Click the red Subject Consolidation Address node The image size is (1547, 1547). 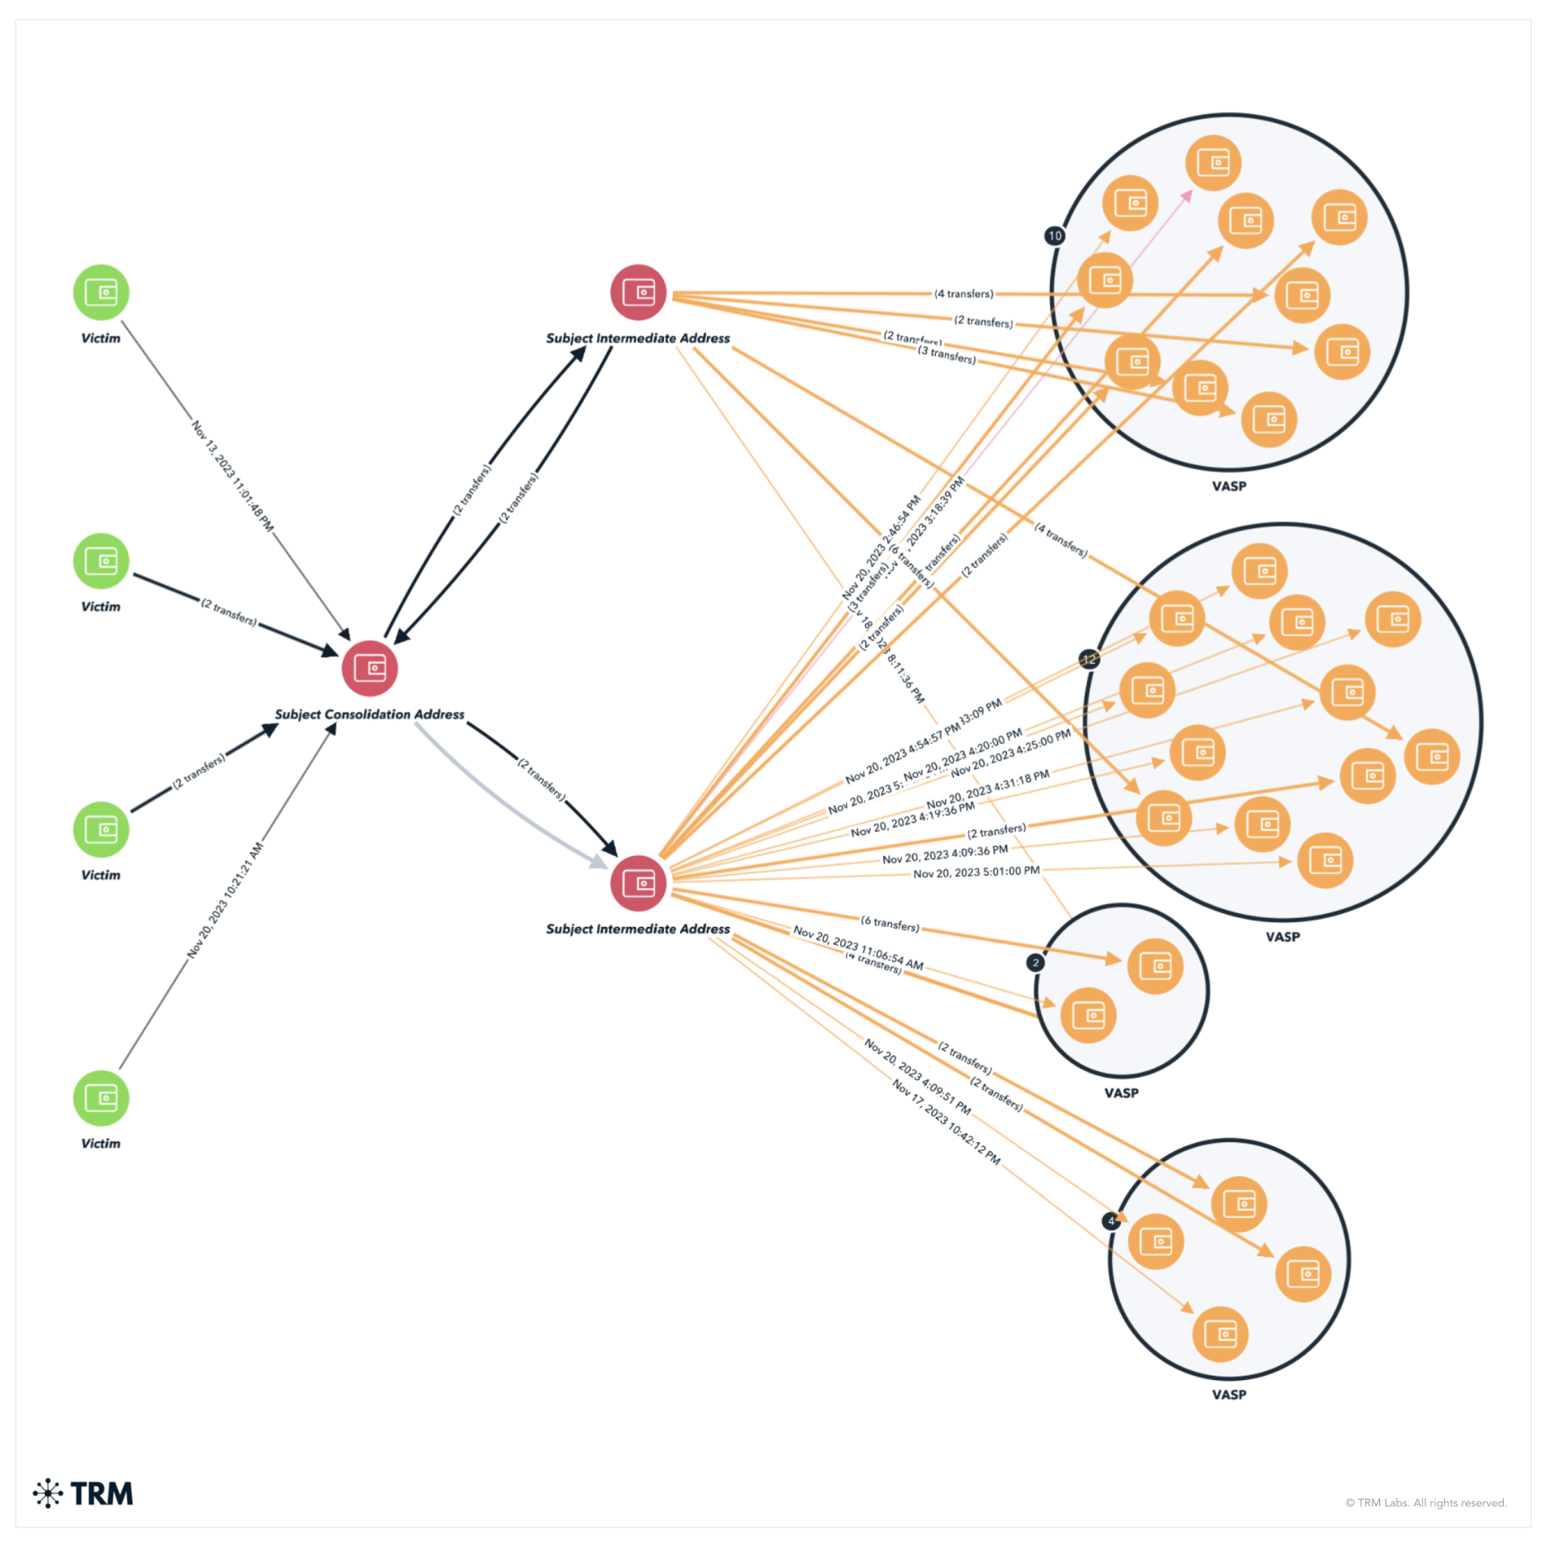[x=369, y=668]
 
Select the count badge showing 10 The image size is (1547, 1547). [x=1054, y=236]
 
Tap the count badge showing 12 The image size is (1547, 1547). [x=1089, y=659]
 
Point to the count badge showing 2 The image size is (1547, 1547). [x=1036, y=962]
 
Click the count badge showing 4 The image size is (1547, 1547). [x=1110, y=1221]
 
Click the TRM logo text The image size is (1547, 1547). [x=101, y=1493]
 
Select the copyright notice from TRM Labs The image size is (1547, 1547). [x=1425, y=1502]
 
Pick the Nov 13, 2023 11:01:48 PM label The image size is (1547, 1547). [x=232, y=477]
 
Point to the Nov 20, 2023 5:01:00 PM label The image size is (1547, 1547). [x=976, y=871]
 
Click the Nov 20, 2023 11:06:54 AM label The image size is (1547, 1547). [x=857, y=947]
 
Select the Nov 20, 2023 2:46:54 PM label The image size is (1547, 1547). [x=881, y=548]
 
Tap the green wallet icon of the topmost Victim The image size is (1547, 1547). [x=101, y=292]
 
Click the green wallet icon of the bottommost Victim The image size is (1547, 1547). [x=101, y=1098]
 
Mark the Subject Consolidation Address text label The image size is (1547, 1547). [x=369, y=715]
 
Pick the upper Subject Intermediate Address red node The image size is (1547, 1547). [x=638, y=292]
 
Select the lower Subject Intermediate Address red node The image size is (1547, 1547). [x=638, y=883]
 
